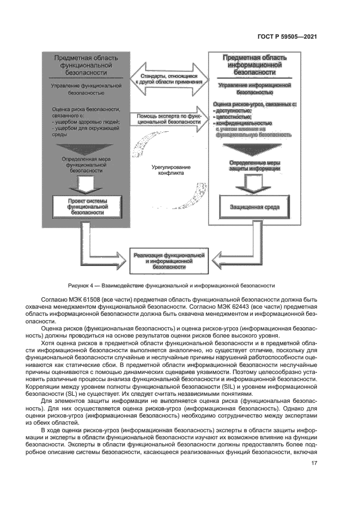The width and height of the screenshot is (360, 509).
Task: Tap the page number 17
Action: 314,463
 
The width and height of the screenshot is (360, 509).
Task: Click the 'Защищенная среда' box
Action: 251,208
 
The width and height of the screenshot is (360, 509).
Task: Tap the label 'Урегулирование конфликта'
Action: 168,170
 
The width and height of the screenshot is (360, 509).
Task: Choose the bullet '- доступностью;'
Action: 233,110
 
